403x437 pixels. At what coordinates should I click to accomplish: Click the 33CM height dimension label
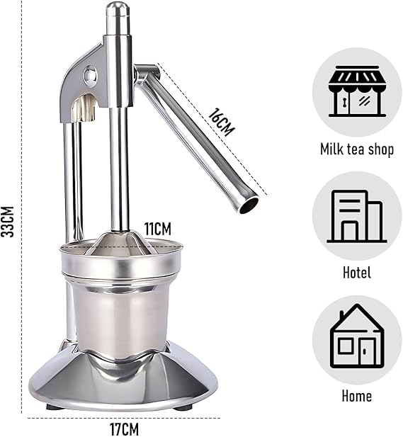click(x=7, y=222)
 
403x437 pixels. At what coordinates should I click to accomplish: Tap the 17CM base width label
click(x=125, y=429)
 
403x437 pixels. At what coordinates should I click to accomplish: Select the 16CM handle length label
click(x=222, y=122)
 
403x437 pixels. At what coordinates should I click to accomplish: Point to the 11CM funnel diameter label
click(x=158, y=229)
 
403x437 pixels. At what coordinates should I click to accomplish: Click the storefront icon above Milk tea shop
click(x=357, y=91)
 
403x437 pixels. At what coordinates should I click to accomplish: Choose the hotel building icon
click(x=357, y=216)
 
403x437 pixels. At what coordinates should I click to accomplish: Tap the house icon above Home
click(x=357, y=336)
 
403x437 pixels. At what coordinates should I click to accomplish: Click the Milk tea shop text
click(x=357, y=149)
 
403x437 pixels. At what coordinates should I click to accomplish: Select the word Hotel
click(x=357, y=272)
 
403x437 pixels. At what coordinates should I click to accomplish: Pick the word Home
click(x=357, y=396)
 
